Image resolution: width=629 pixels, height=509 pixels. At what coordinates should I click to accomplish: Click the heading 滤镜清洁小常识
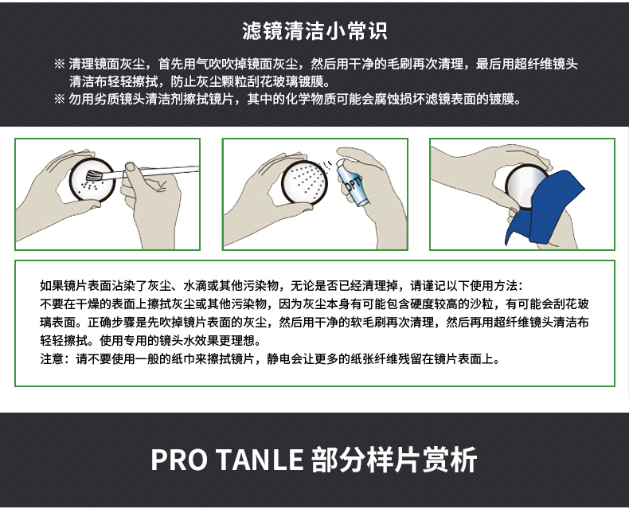314,31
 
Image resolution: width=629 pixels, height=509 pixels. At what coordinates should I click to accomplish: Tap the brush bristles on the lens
94,175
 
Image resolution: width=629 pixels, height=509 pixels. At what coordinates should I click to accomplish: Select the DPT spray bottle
350,182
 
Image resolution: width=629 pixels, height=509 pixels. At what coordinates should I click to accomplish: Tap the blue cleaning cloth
544,208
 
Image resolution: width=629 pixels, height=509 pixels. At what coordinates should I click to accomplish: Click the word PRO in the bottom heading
179,460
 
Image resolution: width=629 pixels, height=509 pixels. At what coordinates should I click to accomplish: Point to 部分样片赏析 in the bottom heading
394,460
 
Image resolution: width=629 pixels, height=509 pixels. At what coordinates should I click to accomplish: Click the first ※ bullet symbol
60,64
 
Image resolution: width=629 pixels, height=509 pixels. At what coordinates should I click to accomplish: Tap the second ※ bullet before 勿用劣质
60,99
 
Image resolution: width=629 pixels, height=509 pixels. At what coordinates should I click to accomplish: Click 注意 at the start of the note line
52,358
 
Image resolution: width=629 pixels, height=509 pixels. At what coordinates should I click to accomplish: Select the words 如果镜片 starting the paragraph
64,285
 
